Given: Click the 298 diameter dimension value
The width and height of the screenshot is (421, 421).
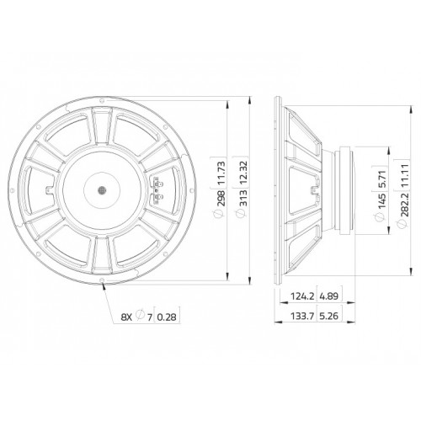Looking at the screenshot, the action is point(221,198).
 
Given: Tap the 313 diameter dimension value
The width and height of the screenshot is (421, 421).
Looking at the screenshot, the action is point(243,198).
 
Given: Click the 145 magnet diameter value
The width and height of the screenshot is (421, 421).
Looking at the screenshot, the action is point(382,200).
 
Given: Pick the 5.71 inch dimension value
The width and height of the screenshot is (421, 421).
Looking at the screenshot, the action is point(382,179).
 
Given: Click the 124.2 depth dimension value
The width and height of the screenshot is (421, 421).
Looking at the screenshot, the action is point(302,296).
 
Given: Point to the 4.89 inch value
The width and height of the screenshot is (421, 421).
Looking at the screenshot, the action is point(329,296).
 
